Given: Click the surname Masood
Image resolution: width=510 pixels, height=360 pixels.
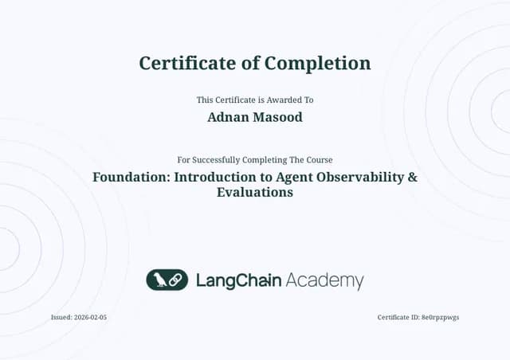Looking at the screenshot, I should [277, 118].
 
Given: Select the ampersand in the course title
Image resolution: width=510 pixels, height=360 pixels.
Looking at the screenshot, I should [412, 177].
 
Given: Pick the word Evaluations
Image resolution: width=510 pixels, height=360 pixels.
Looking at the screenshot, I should [255, 192].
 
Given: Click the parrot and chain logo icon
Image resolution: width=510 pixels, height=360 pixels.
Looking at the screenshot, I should [167, 280].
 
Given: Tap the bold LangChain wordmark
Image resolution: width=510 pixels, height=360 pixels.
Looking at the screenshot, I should [238, 280].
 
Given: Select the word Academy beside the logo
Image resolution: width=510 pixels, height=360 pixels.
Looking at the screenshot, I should [324, 281].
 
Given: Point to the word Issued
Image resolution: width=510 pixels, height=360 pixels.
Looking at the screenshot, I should [61, 317].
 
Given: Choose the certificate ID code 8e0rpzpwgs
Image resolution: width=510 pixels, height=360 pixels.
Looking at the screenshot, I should [440, 317].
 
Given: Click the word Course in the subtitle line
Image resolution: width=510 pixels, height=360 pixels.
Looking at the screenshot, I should [319, 160].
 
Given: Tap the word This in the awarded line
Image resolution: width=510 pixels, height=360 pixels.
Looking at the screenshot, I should [204, 100].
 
